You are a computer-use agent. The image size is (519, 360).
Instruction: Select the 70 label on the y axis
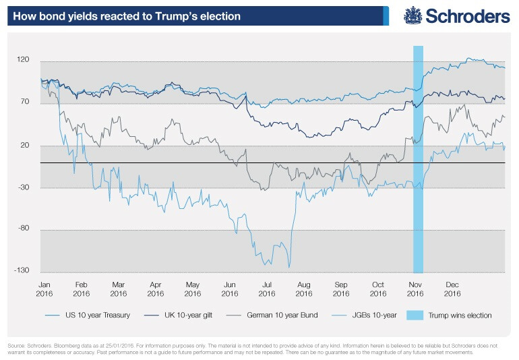tap(26, 102)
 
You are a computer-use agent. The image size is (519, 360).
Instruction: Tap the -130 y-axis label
tap(23, 270)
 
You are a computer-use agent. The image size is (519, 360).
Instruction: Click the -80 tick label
tap(24, 229)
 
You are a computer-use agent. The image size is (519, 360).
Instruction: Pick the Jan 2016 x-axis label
tap(44, 289)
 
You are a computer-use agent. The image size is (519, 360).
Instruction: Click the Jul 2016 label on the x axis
tap(267, 289)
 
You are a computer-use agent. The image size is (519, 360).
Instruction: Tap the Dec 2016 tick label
tap(452, 289)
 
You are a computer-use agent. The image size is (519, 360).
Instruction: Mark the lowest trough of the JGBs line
tap(289, 267)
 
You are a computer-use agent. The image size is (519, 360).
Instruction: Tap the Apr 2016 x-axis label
tap(156, 289)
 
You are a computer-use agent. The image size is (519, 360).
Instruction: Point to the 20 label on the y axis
tap(26, 145)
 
